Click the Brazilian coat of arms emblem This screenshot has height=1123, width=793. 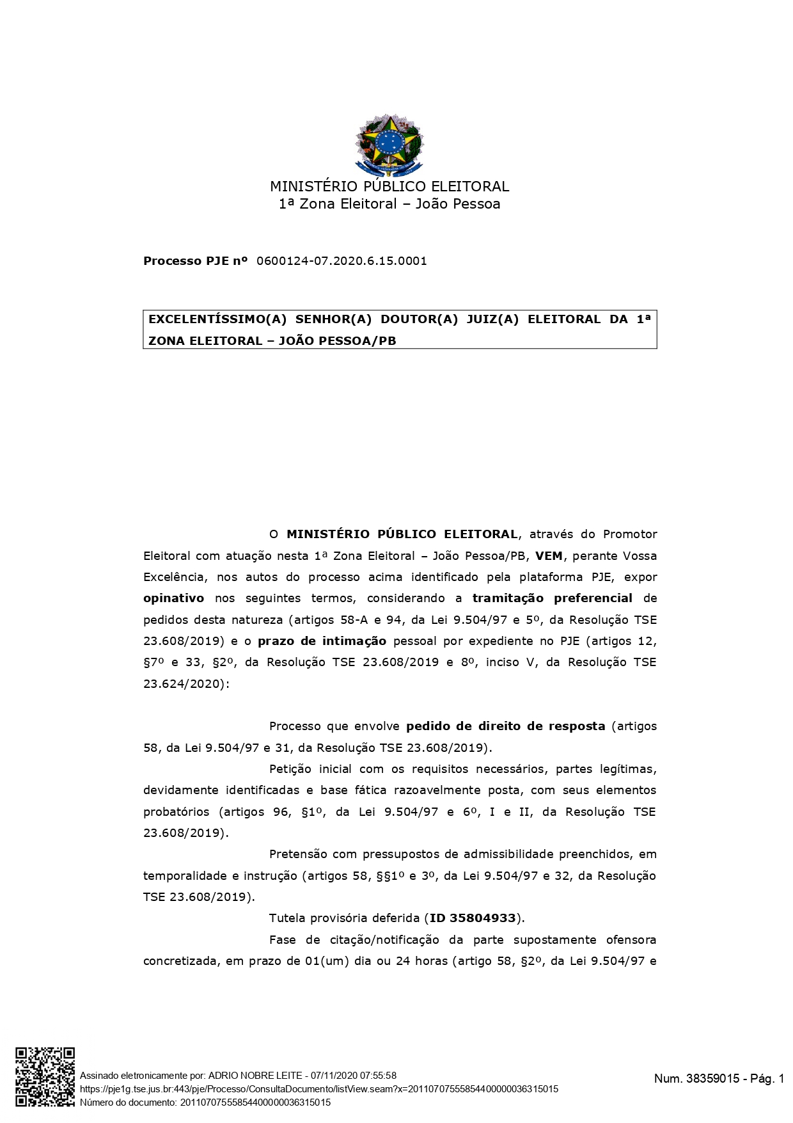click(389, 145)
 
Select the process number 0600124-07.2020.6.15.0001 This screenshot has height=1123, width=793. click(342, 261)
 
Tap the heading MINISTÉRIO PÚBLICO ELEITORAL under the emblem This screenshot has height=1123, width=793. click(389, 187)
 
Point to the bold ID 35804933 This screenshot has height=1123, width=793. click(473, 918)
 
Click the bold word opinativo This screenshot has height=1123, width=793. click(174, 598)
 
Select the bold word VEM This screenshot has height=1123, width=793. click(549, 555)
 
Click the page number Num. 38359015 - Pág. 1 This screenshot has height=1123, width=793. click(719, 1079)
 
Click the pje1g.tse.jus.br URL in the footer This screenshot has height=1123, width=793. click(318, 1089)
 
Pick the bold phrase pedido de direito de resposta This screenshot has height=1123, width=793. click(506, 726)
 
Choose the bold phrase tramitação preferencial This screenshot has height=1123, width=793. click(553, 598)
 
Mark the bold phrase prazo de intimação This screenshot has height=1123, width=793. click(322, 641)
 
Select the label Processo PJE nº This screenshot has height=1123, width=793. click(195, 261)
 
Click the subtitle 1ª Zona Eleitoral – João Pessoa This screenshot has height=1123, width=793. click(389, 204)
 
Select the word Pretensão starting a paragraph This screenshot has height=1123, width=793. click(296, 854)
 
